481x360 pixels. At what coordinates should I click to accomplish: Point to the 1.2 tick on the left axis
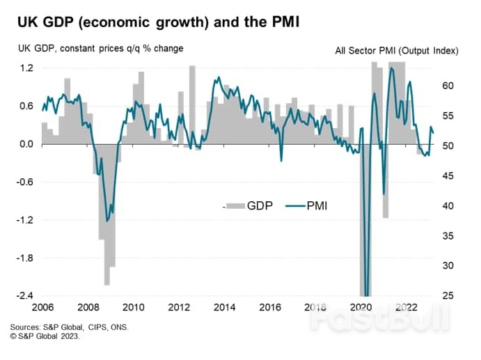26,68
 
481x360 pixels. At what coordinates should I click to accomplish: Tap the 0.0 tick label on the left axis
26,144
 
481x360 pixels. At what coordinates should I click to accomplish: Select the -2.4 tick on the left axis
25,296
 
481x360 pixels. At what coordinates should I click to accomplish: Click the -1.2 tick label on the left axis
25,220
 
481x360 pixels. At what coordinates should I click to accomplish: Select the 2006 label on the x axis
42,307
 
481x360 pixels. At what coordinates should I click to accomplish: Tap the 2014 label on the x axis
224,307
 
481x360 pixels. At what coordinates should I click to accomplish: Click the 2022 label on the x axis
406,307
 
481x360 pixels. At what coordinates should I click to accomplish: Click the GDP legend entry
251,205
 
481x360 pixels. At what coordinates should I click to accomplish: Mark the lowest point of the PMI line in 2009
107,221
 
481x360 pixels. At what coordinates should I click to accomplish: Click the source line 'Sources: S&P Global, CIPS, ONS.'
69,327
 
